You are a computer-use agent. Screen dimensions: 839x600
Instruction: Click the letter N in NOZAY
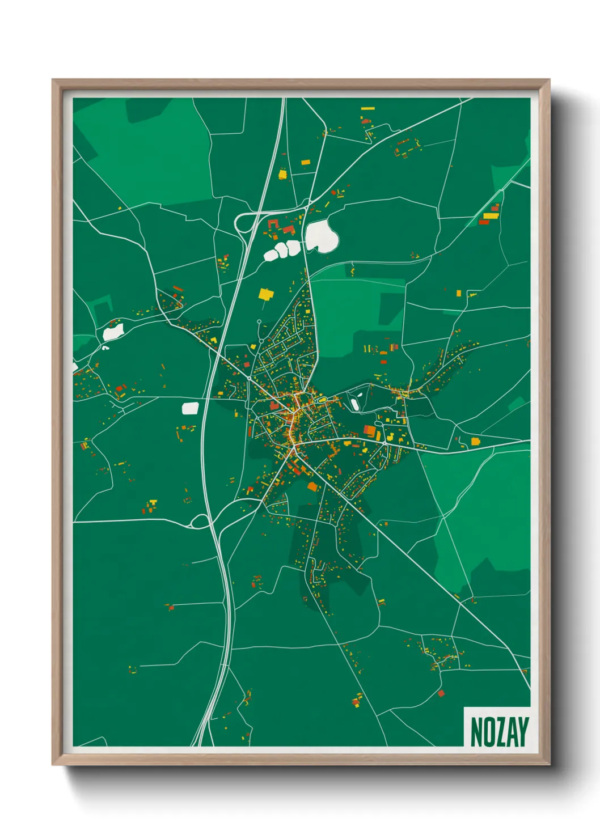[x=477, y=732]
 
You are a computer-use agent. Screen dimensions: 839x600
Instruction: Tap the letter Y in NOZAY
[x=522, y=732]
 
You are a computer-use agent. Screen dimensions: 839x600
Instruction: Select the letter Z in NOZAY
[x=500, y=732]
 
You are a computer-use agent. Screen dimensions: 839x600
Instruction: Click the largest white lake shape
[x=321, y=236]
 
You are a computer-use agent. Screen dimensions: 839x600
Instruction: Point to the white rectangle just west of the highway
[x=190, y=408]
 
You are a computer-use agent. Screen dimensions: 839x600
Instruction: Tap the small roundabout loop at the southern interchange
[x=200, y=522]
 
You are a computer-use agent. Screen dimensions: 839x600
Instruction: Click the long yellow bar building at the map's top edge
[x=368, y=108]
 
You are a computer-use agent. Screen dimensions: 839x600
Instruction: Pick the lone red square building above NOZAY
[x=441, y=693]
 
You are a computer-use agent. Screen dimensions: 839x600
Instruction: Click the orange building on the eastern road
[x=475, y=441]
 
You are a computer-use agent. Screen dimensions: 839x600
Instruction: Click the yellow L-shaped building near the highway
[x=282, y=174]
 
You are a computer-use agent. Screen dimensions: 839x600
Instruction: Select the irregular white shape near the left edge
[x=112, y=332]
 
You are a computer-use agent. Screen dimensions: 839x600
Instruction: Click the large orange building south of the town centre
[x=312, y=486]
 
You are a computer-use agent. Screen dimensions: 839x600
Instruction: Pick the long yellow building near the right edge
[x=491, y=215]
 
